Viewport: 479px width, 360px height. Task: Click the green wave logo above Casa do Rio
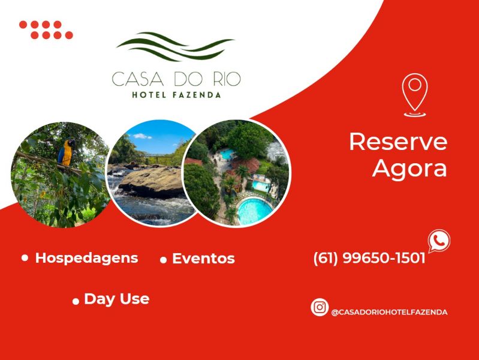point(175,47)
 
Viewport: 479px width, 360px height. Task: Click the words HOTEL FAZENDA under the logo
point(176,95)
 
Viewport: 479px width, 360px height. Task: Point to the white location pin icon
point(414,94)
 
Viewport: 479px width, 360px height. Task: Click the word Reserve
point(398,142)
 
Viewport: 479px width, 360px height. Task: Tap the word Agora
point(409,169)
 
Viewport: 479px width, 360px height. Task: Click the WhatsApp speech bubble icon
point(438,241)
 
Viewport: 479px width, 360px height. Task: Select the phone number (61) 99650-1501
point(369,259)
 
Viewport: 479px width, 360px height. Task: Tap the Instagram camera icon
point(320,307)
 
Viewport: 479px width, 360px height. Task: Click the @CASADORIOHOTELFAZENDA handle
point(389,312)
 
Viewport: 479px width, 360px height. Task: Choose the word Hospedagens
point(86,258)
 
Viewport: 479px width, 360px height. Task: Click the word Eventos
point(203,259)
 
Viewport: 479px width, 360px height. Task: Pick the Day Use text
point(116,299)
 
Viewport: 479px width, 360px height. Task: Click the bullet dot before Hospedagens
point(25,258)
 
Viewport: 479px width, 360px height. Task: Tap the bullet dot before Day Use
point(76,301)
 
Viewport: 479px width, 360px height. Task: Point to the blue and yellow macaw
point(66,152)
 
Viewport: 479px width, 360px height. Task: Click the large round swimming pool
point(254,211)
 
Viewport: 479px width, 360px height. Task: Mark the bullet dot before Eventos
point(163,260)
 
